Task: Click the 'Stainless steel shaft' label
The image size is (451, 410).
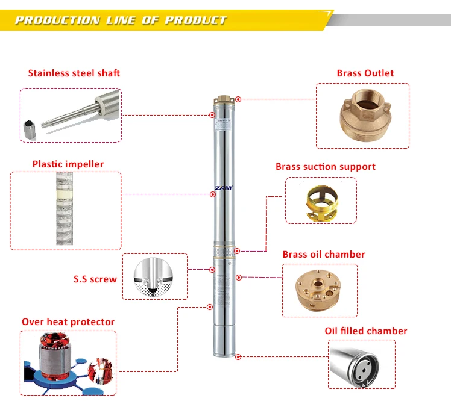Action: coord(74,73)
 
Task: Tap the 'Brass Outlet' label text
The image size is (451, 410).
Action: coord(365,73)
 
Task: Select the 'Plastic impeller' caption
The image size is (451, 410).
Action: coord(68,164)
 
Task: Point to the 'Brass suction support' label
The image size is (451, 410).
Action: coord(326,167)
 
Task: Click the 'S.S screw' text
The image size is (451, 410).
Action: coord(95,279)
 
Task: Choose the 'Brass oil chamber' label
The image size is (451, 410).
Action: coord(324,254)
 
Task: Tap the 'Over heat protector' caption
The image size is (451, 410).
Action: coord(68,322)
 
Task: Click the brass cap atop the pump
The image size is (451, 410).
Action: coord(225,98)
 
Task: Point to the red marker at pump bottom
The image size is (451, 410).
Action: coord(238,356)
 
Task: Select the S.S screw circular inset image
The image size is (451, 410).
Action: coord(154,277)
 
